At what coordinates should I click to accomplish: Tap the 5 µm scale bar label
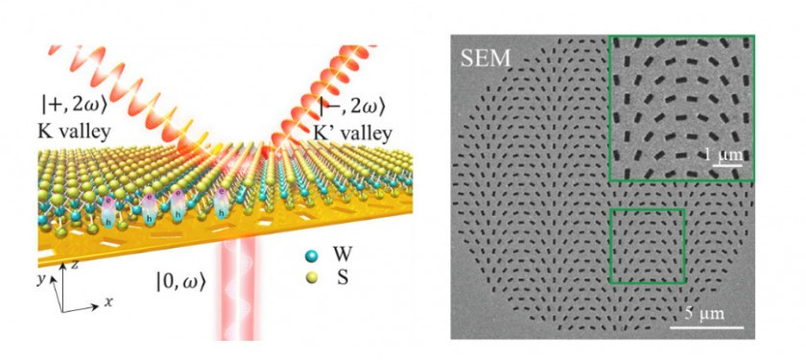click(x=703, y=314)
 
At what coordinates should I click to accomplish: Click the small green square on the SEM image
click(x=648, y=245)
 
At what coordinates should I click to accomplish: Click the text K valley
click(x=71, y=133)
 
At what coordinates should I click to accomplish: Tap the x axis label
click(x=108, y=301)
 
